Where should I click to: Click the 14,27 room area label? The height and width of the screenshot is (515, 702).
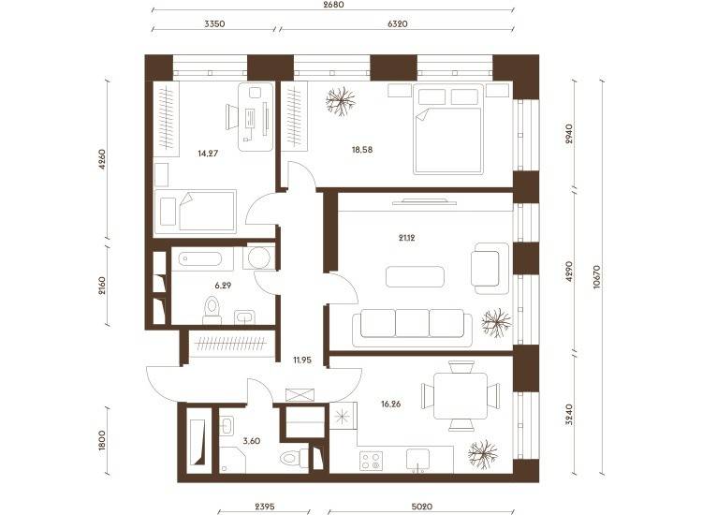tap(208, 154)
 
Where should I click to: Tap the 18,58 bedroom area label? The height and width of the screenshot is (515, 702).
tap(362, 150)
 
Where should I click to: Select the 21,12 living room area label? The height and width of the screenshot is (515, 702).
tap(406, 238)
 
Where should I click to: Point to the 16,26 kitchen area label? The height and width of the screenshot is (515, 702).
tap(391, 404)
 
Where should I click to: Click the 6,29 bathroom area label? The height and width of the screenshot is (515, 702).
tap(223, 286)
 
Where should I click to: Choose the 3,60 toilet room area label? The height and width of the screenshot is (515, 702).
tap(251, 441)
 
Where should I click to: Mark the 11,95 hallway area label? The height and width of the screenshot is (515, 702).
tap(302, 360)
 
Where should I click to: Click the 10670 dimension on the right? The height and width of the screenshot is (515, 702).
tap(596, 277)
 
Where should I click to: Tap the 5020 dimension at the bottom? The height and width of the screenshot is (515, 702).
tap(422, 507)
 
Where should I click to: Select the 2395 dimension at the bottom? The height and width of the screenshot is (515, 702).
tap(265, 507)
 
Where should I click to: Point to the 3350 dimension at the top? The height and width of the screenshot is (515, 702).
tap(214, 23)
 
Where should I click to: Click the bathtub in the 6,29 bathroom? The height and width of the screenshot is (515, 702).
tap(199, 259)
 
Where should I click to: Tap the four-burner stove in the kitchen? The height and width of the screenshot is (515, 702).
tap(372, 462)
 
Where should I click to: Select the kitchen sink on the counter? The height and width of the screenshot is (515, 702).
tap(417, 461)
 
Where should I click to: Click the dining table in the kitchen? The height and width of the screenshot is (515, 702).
tap(461, 396)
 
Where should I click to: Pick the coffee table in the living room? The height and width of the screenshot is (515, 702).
tap(415, 276)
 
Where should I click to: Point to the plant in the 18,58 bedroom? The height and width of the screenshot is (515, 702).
tap(341, 101)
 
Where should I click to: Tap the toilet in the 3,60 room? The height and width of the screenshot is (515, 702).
tap(294, 458)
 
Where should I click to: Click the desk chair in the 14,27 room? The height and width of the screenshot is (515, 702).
tap(232, 117)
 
